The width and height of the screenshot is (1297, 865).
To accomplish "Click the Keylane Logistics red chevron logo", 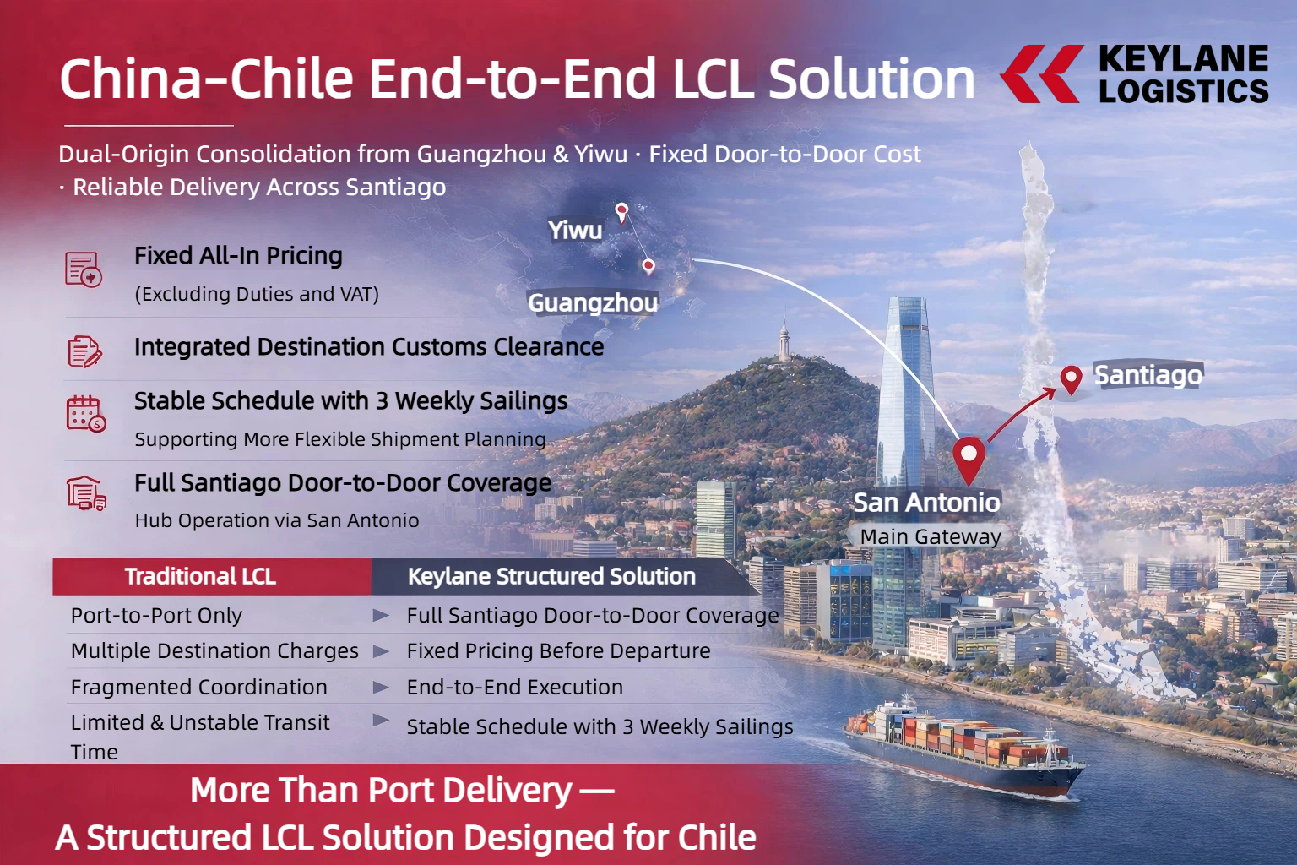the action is tap(1042, 74).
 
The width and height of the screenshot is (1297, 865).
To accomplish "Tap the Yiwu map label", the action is tap(575, 231).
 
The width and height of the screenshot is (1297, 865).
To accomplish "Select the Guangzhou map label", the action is tap(593, 303).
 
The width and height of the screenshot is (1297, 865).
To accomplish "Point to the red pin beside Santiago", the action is tap(1072, 380).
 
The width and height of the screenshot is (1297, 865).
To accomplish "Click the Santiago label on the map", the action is tap(1148, 375).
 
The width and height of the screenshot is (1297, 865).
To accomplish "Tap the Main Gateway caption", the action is tap(931, 536).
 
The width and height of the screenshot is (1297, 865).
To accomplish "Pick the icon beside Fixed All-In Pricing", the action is tap(84, 269).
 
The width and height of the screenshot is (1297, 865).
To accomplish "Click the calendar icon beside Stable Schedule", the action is tap(85, 414).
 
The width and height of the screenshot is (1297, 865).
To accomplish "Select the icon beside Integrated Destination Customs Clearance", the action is tap(84, 351).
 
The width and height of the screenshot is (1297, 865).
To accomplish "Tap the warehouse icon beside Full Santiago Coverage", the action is tap(86, 493).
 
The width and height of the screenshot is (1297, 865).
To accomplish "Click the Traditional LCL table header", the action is tap(200, 576).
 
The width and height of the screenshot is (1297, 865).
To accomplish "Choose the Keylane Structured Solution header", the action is tap(551, 576).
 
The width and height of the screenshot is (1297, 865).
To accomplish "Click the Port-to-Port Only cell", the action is tap(156, 615).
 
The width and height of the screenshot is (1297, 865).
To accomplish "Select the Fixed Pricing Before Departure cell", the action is tap(558, 651).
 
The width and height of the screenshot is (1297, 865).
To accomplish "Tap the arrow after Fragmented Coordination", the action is tap(381, 687).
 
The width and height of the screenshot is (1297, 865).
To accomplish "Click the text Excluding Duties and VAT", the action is tap(257, 294).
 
